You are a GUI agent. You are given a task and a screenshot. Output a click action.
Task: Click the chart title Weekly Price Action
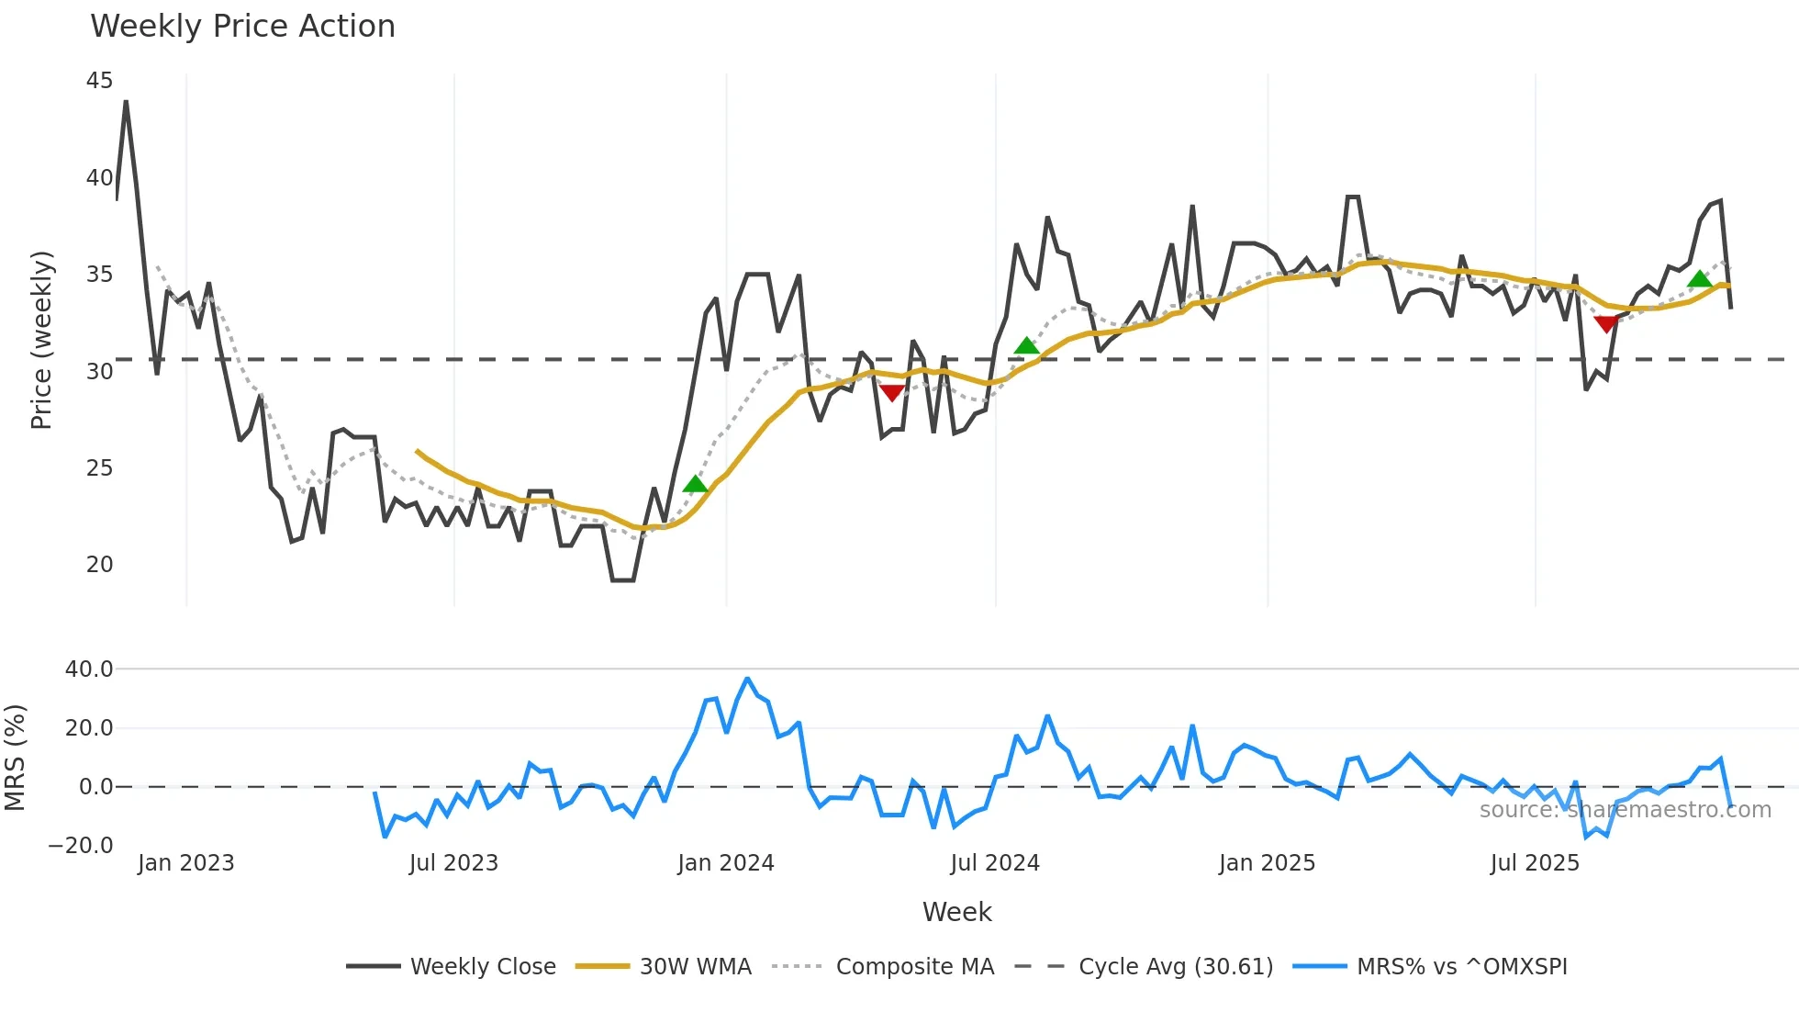click(x=242, y=27)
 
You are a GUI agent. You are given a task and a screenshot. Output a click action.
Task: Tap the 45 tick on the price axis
click(x=99, y=81)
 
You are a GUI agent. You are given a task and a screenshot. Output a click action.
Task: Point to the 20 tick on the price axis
click(x=99, y=565)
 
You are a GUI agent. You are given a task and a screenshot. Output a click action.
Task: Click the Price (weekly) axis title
click(x=41, y=340)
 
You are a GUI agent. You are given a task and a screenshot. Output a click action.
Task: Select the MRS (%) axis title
click(x=15, y=758)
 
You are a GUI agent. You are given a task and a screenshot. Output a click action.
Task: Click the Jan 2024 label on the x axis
click(x=726, y=863)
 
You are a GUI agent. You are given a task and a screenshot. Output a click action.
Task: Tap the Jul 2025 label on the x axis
click(x=1535, y=863)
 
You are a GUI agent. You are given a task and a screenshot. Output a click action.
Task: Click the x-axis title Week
click(x=956, y=912)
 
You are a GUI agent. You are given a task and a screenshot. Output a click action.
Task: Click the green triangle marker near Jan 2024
click(x=695, y=484)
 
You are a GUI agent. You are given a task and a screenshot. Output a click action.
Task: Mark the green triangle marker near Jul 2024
click(x=1026, y=346)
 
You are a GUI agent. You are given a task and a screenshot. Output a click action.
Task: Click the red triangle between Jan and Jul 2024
click(x=891, y=393)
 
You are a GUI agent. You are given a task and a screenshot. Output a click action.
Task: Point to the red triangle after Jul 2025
click(x=1605, y=323)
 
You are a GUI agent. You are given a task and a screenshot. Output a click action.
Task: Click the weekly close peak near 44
click(x=126, y=102)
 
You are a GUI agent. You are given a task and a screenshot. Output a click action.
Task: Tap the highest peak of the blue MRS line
click(x=747, y=679)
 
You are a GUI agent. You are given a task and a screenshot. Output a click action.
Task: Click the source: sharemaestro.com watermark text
click(x=1625, y=810)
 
